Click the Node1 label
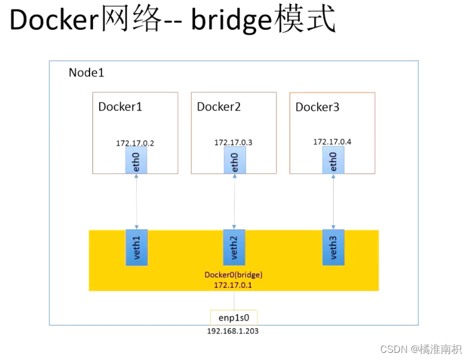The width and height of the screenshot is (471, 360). point(87,73)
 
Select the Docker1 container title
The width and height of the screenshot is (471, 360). point(120,107)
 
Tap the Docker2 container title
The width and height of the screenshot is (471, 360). point(218,107)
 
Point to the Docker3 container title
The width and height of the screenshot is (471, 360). point(317,107)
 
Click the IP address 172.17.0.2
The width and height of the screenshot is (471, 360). point(135,143)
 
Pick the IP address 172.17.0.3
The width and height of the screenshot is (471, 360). point(233,143)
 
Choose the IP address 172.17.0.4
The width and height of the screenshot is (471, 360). point(333,142)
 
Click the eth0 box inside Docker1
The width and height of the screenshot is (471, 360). point(136,160)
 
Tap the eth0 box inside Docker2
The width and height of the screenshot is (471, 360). point(235,160)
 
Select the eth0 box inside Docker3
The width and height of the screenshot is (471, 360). point(333,160)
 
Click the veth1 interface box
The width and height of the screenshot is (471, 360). point(137,247)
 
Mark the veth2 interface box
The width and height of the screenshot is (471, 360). point(234,247)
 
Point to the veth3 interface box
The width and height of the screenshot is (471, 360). point(333,247)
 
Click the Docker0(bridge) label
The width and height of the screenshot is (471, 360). point(233,275)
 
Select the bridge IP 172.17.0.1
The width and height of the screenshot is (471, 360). point(233,285)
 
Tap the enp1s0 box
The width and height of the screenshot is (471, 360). point(233,318)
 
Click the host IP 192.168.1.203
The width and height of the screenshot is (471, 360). point(233,331)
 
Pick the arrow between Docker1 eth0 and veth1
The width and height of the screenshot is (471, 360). point(136,201)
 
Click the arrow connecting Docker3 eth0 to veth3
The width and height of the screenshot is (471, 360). point(333,201)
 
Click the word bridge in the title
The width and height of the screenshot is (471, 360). point(231,20)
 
